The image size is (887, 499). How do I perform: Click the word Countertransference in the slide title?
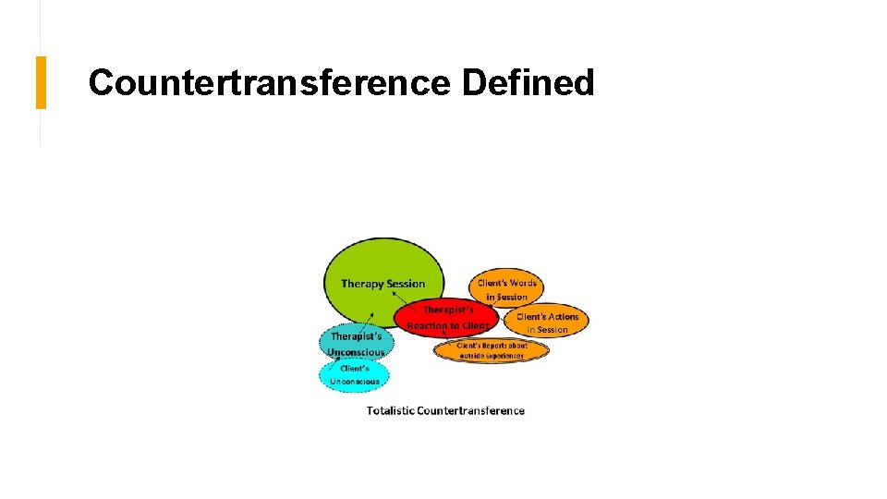268,83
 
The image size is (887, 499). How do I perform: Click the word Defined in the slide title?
528,83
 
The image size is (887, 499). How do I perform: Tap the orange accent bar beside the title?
41,82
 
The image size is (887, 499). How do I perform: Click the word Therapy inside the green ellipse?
360,284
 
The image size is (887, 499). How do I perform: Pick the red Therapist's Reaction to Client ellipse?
447,317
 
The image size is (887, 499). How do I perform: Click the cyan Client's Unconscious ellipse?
354,375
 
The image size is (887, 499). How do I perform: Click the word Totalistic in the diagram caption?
390,410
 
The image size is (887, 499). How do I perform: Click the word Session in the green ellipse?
406,284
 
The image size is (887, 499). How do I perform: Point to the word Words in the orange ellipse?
521,283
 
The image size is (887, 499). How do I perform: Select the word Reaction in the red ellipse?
427,326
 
